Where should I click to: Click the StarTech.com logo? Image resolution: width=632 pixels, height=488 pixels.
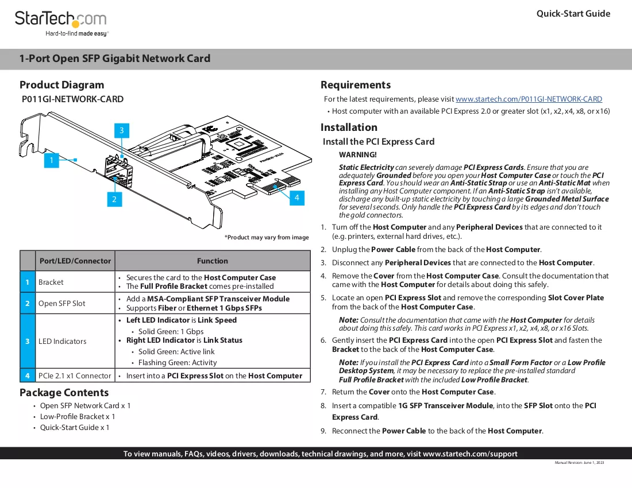pyautogui.click(x=61, y=24)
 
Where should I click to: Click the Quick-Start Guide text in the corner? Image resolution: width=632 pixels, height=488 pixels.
pyautogui.click(x=573, y=14)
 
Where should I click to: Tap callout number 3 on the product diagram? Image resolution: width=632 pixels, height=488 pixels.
pyautogui.click(x=122, y=130)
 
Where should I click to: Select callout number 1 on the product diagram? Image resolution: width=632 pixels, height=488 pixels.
pyautogui.click(x=52, y=160)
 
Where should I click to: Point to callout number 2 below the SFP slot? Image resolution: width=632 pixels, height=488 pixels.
pyautogui.click(x=114, y=199)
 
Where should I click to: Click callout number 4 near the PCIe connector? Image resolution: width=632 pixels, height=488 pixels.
pyautogui.click(x=297, y=197)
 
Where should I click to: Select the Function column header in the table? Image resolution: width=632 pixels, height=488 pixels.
pyautogui.click(x=213, y=261)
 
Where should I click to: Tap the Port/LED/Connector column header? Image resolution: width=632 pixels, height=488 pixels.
pyautogui.click(x=75, y=261)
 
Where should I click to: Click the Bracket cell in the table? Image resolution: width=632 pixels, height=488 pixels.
pyautogui.click(x=51, y=282)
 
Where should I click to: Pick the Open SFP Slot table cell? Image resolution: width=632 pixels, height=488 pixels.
pyautogui.click(x=61, y=304)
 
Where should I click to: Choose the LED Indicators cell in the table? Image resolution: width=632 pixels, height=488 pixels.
pyautogui.click(x=63, y=342)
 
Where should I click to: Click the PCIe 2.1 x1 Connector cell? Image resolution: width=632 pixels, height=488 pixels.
pyautogui.click(x=75, y=375)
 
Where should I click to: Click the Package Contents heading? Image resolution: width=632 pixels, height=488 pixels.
pyautogui.click(x=64, y=393)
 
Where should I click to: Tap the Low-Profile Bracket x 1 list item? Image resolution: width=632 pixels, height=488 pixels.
pyautogui.click(x=78, y=416)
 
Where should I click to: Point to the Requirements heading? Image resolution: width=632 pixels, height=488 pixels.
pyautogui.click(x=356, y=85)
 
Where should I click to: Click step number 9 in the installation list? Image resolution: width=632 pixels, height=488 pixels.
pyautogui.click(x=323, y=431)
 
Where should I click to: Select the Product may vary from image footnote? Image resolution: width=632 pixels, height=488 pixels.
pyautogui.click(x=267, y=238)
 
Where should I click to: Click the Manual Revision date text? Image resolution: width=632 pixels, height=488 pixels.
pyautogui.click(x=579, y=463)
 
